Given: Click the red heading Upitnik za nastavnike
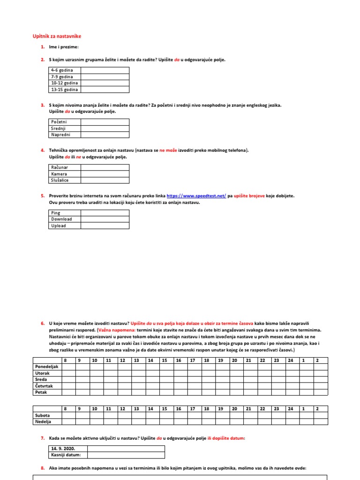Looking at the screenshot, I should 60,36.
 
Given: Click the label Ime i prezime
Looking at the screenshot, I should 64,47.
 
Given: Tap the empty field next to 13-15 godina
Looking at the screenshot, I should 105,90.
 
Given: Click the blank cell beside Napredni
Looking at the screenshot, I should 105,135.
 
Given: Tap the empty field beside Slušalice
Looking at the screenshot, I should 105,180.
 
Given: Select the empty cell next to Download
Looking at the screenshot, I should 105,219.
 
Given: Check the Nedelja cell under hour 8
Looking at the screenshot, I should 69,422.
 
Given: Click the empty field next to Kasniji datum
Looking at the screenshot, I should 126,455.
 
